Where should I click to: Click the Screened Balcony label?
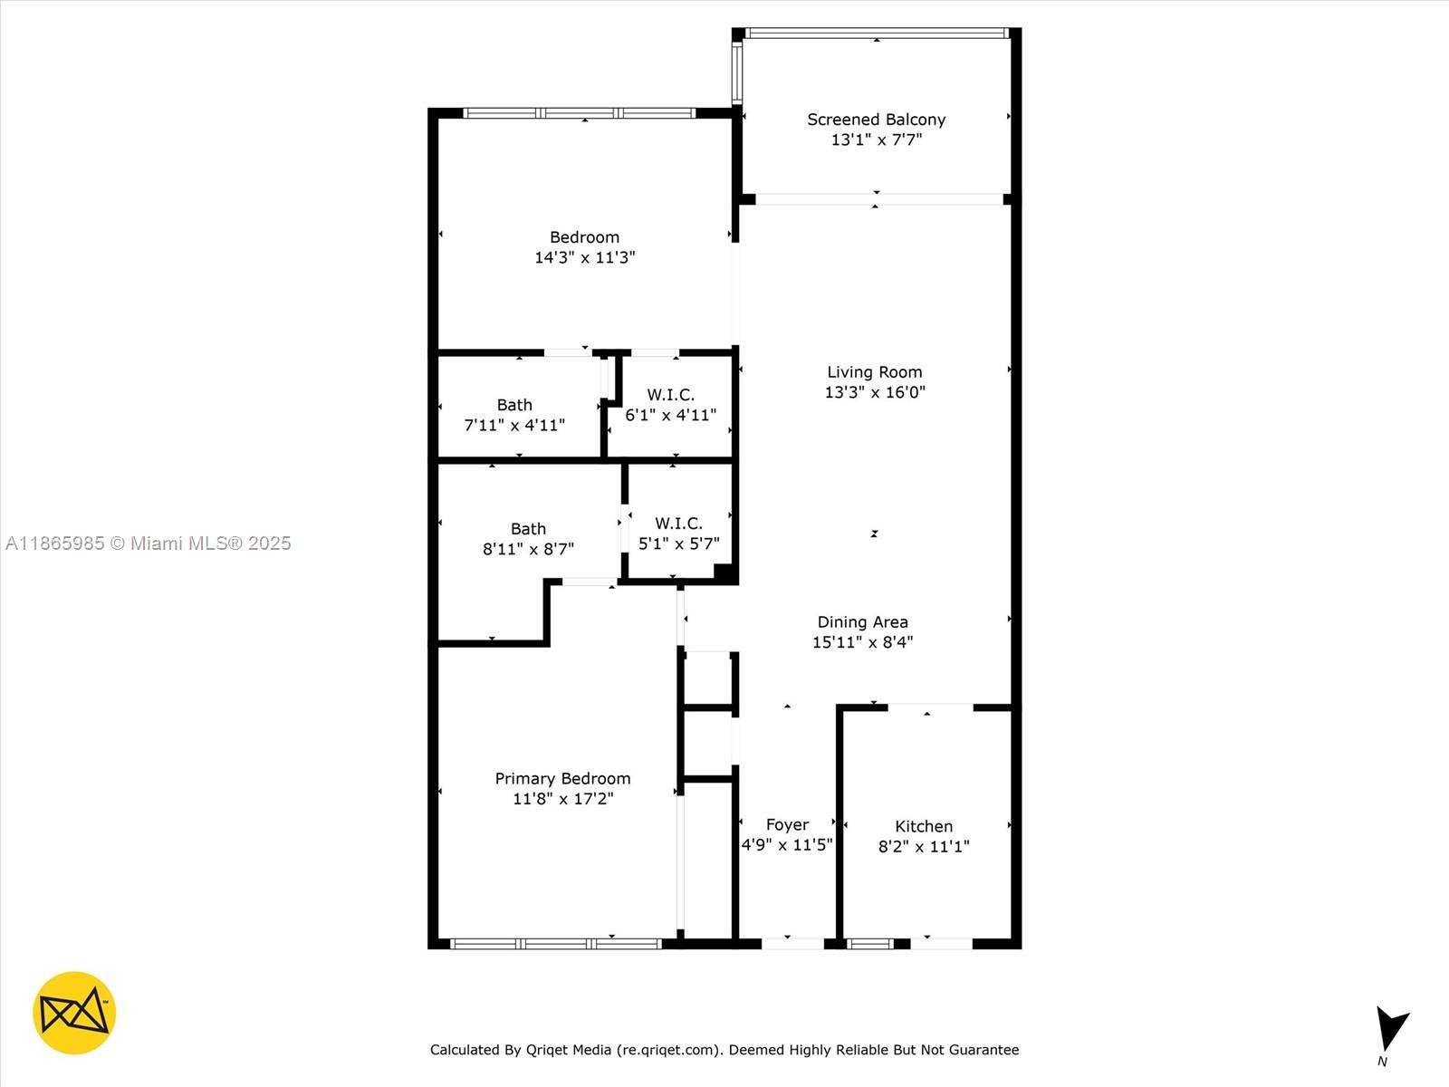[x=876, y=120]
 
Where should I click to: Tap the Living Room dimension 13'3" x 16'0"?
[x=875, y=392]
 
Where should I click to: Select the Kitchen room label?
[x=924, y=826]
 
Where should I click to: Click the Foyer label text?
[x=787, y=824]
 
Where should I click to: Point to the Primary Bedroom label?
[x=562, y=778]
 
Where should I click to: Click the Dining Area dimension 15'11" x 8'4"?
[x=862, y=642]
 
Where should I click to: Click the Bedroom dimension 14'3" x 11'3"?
[x=584, y=257]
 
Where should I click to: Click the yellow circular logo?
[x=74, y=1013]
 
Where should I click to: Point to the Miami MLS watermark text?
[x=149, y=543]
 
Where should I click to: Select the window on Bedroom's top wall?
[x=580, y=113]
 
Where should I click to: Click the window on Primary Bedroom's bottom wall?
[x=556, y=944]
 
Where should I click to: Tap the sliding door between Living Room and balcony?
[x=878, y=199]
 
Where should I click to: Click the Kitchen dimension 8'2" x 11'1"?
[x=924, y=846]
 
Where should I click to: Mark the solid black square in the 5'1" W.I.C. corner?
[x=724, y=572]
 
